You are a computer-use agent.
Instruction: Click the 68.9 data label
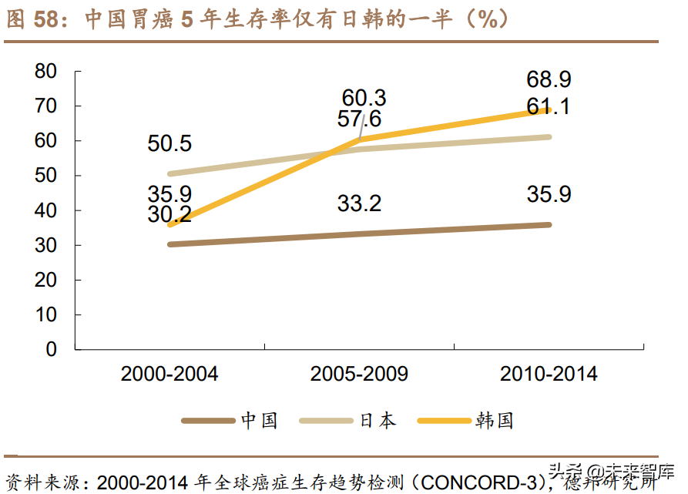click(x=549, y=79)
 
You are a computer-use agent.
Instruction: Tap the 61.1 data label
click(x=549, y=106)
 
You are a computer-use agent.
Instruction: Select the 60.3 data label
click(x=364, y=98)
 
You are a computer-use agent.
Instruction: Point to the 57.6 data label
click(x=359, y=119)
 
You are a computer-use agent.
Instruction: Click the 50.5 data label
click(x=169, y=144)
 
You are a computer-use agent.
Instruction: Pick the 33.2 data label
click(x=359, y=204)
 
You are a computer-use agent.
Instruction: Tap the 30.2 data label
click(x=169, y=214)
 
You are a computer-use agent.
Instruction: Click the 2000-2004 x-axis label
click(x=169, y=375)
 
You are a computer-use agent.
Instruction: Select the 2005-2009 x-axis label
click(x=359, y=375)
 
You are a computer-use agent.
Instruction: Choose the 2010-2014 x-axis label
click(x=549, y=375)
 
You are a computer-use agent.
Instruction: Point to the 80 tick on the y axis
click(x=46, y=71)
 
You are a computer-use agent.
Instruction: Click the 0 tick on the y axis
click(x=52, y=349)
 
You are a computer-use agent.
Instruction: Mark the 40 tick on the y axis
click(x=46, y=210)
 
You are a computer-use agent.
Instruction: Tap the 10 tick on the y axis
click(x=46, y=314)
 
